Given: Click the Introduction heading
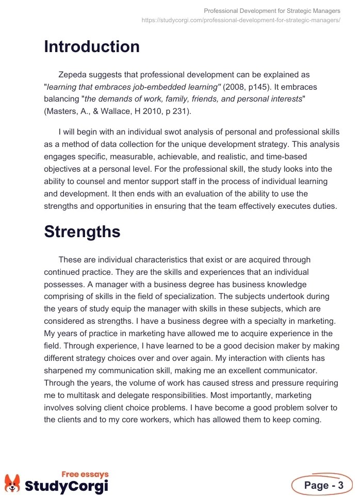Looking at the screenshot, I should point(92,47).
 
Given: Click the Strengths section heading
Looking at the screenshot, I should point(82,231).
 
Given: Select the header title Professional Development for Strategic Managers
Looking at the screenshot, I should point(272,10).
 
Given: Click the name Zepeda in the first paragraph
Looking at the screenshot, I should point(73,75).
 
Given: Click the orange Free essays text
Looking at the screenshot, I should point(85,474).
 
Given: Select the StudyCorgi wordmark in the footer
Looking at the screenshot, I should point(67,486).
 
